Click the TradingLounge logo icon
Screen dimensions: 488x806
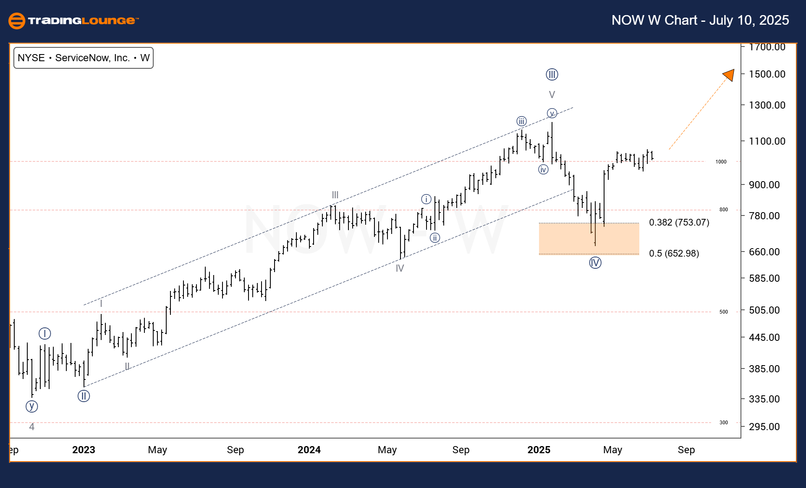click(17, 21)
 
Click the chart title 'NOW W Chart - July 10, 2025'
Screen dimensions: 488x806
click(700, 20)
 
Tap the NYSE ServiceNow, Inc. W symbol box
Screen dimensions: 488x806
click(84, 58)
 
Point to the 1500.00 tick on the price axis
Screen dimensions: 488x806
click(767, 74)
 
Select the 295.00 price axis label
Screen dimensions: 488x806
click(764, 426)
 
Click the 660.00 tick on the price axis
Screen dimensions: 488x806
click(764, 252)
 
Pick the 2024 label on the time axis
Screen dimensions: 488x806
click(309, 450)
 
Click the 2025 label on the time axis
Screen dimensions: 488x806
click(539, 450)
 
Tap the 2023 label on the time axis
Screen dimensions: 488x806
click(84, 450)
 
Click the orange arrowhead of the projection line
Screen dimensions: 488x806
click(730, 75)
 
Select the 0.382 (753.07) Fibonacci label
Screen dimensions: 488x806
click(679, 222)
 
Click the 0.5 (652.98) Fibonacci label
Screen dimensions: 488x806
click(674, 253)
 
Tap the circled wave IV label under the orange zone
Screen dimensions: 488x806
click(595, 263)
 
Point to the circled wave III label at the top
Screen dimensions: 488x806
click(552, 75)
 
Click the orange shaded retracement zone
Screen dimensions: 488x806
click(589, 239)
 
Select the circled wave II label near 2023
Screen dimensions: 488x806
click(84, 396)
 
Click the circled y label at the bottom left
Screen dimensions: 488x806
click(31, 406)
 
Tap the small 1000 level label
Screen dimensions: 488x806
click(721, 162)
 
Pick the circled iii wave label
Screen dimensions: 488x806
click(521, 122)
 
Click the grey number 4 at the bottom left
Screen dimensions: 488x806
click(31, 427)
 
